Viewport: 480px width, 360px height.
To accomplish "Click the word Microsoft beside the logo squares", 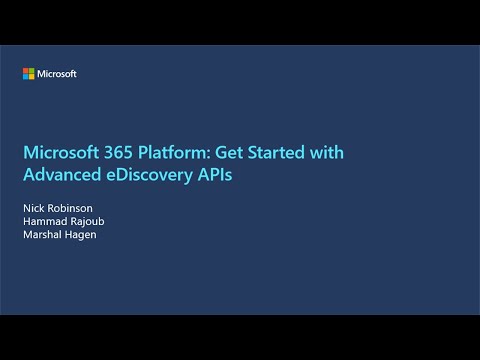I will (57, 74).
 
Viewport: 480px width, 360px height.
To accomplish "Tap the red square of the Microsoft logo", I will (26, 71).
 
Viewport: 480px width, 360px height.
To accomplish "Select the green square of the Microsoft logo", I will (32, 71).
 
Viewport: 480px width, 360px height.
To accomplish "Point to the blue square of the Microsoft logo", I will (26, 77).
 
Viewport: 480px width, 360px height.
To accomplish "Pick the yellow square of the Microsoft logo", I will (32, 77).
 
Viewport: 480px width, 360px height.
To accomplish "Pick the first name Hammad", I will (44, 222).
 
